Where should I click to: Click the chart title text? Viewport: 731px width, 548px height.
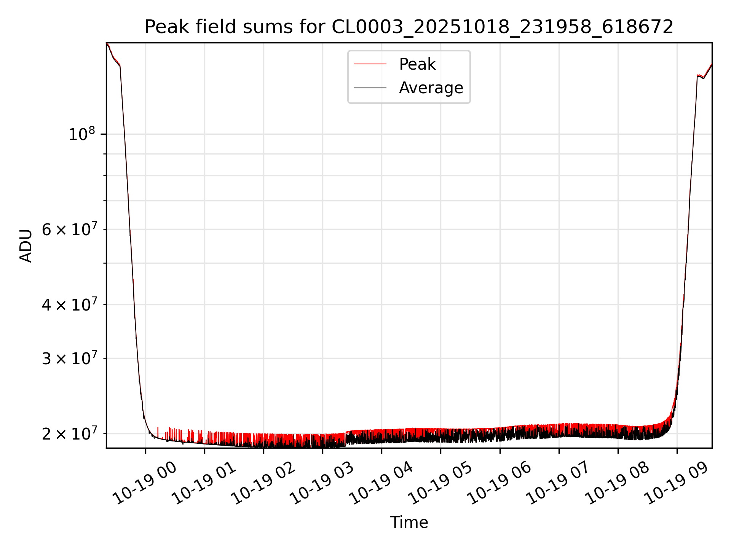[x=409, y=27]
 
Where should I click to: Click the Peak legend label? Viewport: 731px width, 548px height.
[x=417, y=64]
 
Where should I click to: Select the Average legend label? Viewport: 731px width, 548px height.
[x=431, y=88]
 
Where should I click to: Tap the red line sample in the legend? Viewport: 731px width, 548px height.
[x=370, y=64]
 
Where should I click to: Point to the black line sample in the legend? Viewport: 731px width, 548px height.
[x=370, y=88]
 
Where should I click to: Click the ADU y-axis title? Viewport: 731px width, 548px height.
[x=26, y=246]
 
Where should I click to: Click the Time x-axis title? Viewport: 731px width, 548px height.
[x=409, y=523]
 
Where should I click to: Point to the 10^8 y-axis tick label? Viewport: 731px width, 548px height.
[x=81, y=134]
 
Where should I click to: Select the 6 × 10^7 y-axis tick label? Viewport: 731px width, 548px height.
[x=69, y=229]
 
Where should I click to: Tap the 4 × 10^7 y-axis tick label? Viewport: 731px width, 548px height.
[x=69, y=305]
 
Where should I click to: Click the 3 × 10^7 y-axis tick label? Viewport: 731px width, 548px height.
[x=69, y=358]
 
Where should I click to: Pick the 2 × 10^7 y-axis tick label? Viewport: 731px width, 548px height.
[x=69, y=434]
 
